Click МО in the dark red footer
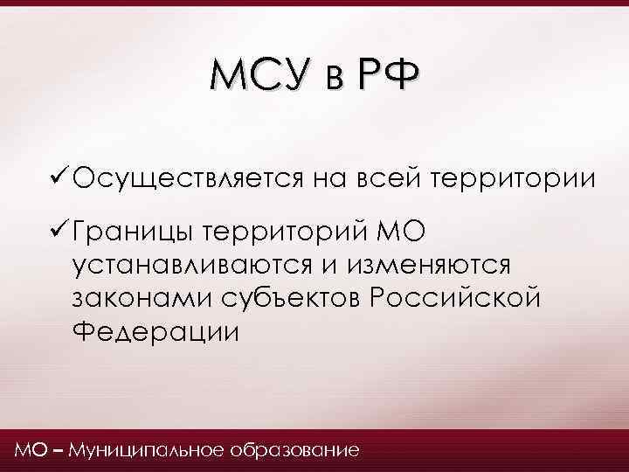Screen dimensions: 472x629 (27, 451)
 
